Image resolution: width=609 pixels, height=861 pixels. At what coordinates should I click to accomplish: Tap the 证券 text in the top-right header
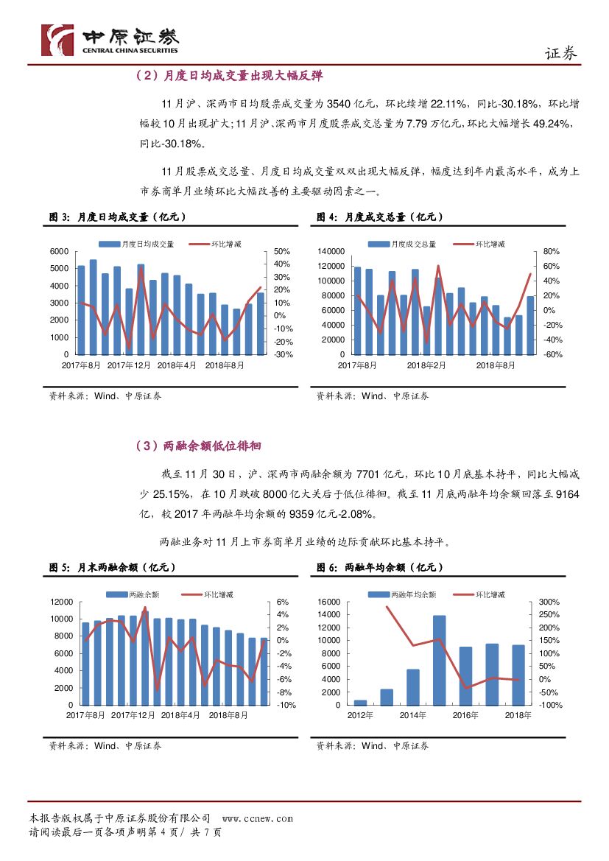560,53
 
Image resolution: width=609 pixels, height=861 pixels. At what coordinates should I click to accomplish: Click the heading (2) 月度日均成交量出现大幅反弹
228,76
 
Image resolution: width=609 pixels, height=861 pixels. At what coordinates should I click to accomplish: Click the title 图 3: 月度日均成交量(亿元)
117,217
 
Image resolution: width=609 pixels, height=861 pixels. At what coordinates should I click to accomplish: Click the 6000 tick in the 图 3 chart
57,251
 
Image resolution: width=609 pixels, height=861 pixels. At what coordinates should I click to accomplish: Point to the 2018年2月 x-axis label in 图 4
426,365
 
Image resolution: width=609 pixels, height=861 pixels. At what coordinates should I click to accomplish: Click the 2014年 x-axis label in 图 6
413,715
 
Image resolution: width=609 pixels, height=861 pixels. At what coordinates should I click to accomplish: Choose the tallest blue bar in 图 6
439,660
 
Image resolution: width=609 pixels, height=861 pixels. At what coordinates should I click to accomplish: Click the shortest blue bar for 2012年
360,702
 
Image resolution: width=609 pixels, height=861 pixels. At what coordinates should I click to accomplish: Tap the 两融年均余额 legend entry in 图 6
404,594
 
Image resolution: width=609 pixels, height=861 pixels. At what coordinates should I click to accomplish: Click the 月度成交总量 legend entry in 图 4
404,243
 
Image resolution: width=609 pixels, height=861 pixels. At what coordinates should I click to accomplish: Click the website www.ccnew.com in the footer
257,818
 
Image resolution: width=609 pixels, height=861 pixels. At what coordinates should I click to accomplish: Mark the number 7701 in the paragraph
367,474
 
